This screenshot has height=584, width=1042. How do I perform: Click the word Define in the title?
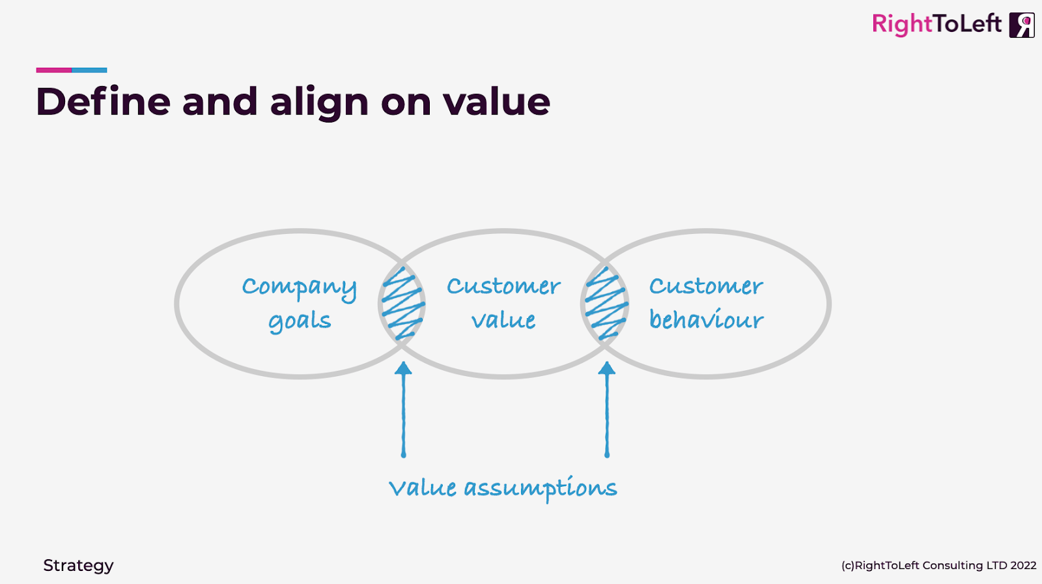pos(102,102)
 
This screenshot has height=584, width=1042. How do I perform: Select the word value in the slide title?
pos(496,102)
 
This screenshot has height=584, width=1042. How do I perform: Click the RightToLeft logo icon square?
pos(1021,25)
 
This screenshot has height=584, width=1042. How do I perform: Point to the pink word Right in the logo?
pos(902,25)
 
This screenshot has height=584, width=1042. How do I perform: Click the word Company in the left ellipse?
pos(299,287)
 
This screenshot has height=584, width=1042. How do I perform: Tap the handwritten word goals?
pos(300,321)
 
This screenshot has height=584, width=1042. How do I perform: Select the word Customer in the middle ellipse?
pos(503,286)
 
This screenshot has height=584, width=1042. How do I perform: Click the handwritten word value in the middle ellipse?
pos(503,320)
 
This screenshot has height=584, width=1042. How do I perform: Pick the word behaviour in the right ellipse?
pos(706,319)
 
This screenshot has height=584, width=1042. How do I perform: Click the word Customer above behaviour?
pos(706,286)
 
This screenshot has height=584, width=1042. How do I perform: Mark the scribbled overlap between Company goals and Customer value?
pos(402,304)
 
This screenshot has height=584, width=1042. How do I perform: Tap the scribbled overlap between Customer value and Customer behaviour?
pos(606,304)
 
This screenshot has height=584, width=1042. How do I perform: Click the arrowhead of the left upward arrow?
pos(403,368)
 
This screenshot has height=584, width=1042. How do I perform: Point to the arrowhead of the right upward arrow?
pos(607,368)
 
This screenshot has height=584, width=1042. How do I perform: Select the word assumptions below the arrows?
pos(540,489)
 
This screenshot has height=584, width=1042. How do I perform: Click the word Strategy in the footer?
pos(78,565)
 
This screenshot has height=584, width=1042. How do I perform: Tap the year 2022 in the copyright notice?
pos(1023,565)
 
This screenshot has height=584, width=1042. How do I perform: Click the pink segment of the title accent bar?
pos(53,70)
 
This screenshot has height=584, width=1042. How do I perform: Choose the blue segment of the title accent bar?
pos(89,70)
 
